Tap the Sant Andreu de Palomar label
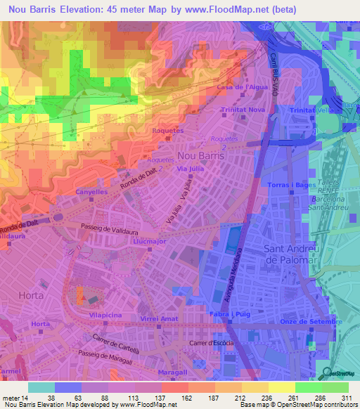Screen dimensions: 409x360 click(291, 254)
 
